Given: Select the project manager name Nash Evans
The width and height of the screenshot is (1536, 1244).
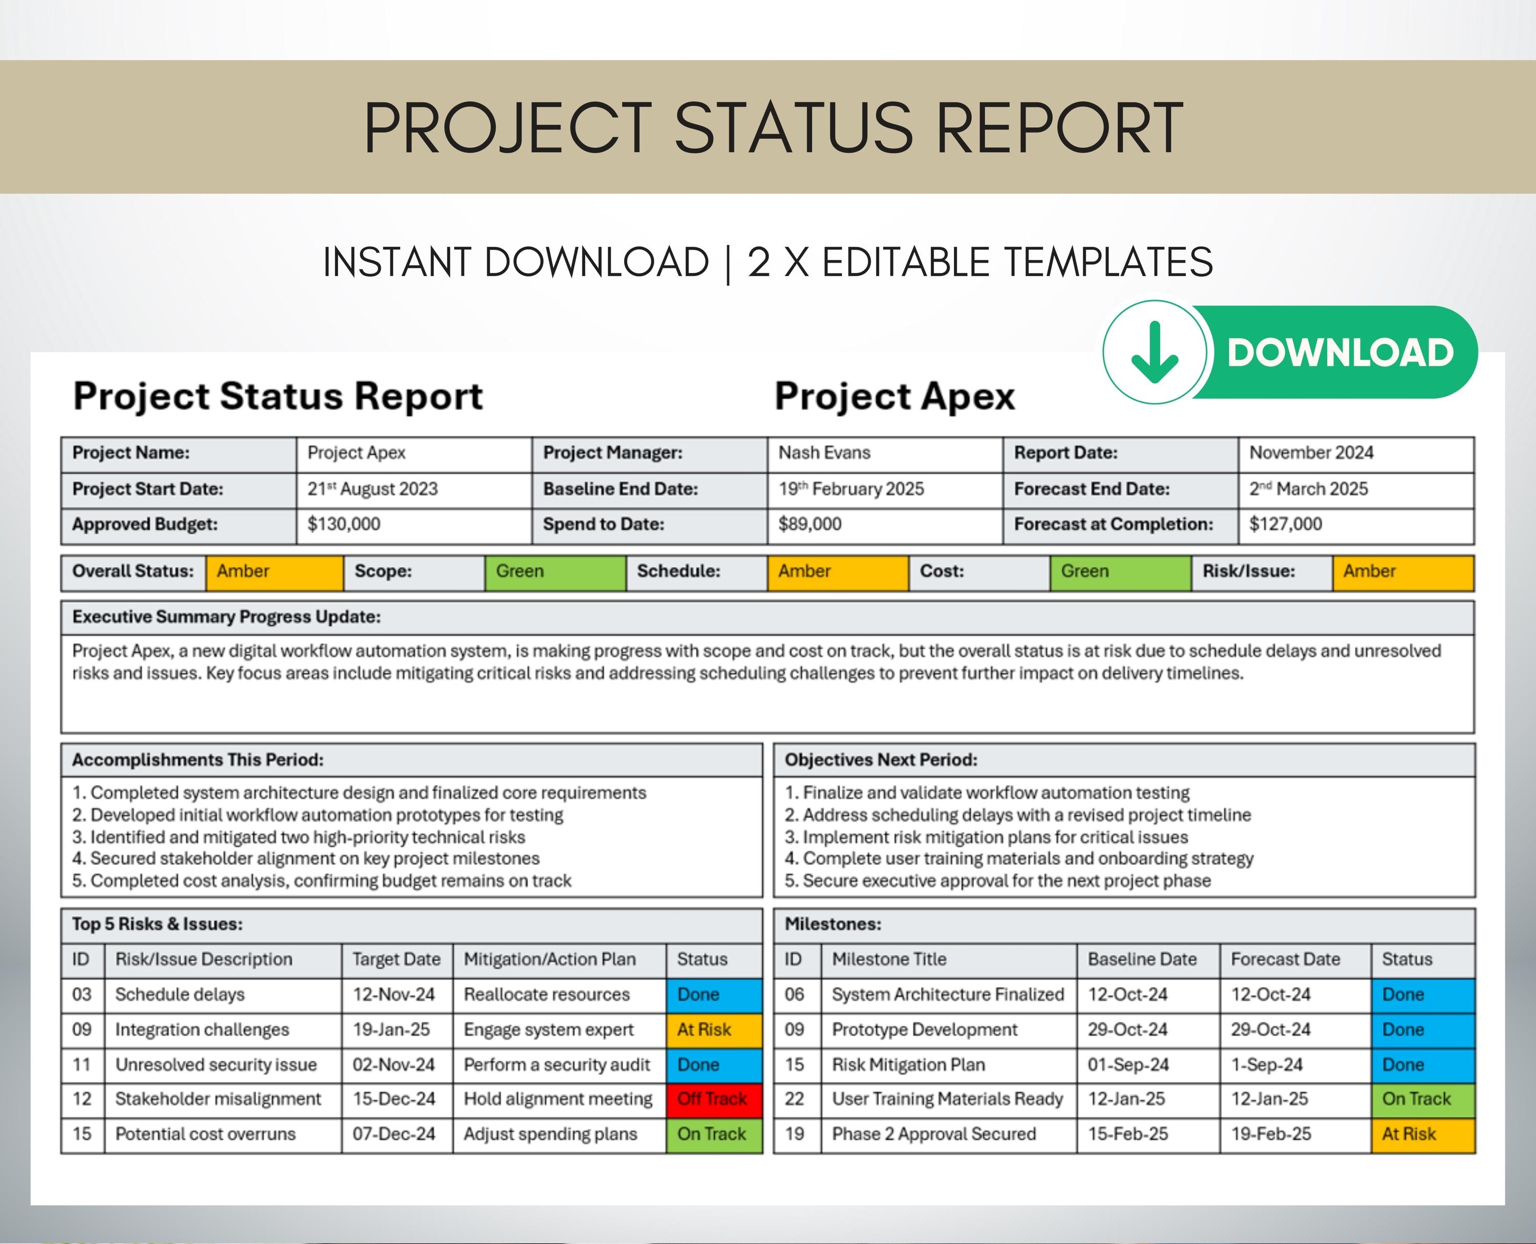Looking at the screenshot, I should click(x=824, y=453).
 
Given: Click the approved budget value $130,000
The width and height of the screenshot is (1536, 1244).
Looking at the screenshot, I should click(x=344, y=525).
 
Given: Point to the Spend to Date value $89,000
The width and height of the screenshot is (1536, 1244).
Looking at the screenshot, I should click(x=810, y=525).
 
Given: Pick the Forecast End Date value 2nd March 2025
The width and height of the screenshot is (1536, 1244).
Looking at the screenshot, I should click(x=1308, y=489).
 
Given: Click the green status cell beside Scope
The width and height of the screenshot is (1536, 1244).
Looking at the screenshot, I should click(x=555, y=572).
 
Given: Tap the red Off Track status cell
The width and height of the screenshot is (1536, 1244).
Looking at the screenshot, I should click(x=713, y=1099).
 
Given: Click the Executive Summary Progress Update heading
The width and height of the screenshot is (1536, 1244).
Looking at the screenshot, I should click(x=226, y=617).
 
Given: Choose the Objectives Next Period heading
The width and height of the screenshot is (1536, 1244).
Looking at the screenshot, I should click(x=881, y=760).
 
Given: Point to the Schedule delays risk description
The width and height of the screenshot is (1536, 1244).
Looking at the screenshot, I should click(x=180, y=995).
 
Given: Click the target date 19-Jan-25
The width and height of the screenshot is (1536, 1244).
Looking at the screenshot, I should click(x=391, y=1029).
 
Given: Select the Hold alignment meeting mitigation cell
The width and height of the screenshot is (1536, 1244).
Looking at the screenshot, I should click(x=558, y=1099).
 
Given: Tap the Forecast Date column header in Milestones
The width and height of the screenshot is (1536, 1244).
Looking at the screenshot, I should click(x=1285, y=959).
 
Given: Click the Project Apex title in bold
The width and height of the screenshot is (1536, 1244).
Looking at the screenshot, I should click(x=894, y=396).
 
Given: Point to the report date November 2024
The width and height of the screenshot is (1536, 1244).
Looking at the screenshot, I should click(x=1311, y=453).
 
